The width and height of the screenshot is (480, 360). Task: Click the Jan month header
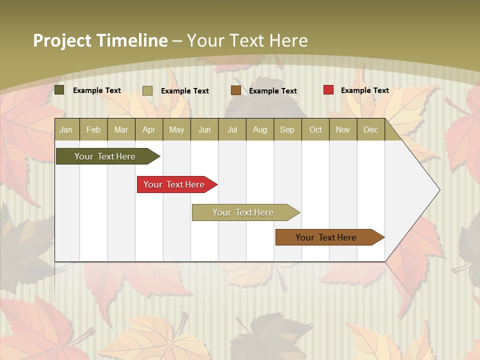pyautogui.click(x=66, y=129)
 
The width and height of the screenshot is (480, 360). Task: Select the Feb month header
pyautogui.click(x=93, y=129)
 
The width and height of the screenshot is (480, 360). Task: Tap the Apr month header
pyautogui.click(x=149, y=129)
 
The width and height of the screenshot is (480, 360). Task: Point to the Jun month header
pyautogui.click(x=204, y=129)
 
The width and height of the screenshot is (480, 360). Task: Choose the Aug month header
pyautogui.click(x=260, y=129)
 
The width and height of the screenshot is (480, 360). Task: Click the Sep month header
pyautogui.click(x=287, y=129)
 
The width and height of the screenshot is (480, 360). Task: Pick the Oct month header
pyautogui.click(x=315, y=129)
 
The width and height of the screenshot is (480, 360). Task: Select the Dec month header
pyautogui.click(x=370, y=129)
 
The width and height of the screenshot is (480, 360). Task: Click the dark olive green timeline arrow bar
pyautogui.click(x=105, y=156)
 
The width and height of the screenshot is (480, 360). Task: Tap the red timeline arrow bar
pyautogui.click(x=174, y=184)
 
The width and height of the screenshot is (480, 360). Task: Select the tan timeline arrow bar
pyautogui.click(x=243, y=212)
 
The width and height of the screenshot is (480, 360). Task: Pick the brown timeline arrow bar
pyautogui.click(x=326, y=237)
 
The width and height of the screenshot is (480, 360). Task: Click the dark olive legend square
pyautogui.click(x=59, y=90)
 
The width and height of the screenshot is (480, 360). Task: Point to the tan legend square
pyautogui.click(x=147, y=90)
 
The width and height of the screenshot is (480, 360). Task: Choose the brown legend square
pyautogui.click(x=236, y=90)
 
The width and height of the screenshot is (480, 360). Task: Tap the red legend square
pyautogui.click(x=328, y=90)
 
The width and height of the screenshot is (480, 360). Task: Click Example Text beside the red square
pyautogui.click(x=365, y=90)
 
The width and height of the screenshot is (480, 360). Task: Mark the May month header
pyautogui.click(x=176, y=129)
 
